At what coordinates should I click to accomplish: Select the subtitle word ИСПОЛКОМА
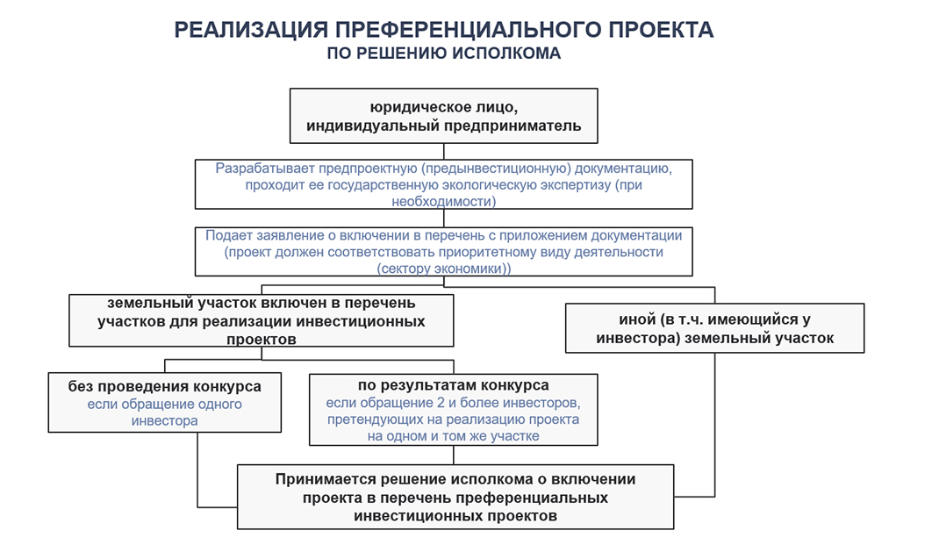pyautogui.click(x=506, y=53)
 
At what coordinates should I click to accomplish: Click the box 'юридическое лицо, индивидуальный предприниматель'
pyautogui.click(x=443, y=116)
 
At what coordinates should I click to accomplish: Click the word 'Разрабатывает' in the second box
pyautogui.click(x=261, y=168)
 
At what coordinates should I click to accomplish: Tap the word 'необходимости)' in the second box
pyautogui.click(x=444, y=201)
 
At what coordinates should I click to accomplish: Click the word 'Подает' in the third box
pyautogui.click(x=228, y=235)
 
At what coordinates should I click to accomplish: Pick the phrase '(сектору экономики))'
pyautogui.click(x=444, y=269)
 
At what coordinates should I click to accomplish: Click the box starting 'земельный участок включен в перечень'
pyautogui.click(x=261, y=320)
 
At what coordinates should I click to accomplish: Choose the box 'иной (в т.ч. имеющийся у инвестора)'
pyautogui.click(x=714, y=328)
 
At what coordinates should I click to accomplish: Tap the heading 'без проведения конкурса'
pyautogui.click(x=165, y=386)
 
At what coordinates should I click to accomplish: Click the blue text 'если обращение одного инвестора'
pyautogui.click(x=165, y=412)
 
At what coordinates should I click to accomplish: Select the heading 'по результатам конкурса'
pyautogui.click(x=454, y=385)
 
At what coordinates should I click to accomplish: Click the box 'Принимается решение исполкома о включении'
pyautogui.click(x=455, y=497)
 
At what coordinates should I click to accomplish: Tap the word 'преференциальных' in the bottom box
pyautogui.click(x=548, y=498)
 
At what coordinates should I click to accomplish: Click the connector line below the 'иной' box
pyautogui.click(x=714, y=421)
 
